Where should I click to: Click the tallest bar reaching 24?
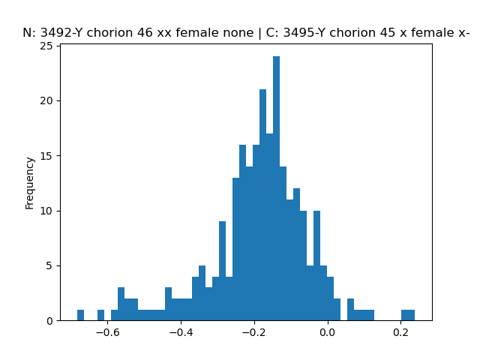[x=276, y=188]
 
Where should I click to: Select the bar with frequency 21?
[x=262, y=205]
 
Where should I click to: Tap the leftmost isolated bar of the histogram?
[x=80, y=315]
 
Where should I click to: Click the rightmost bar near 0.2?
[x=408, y=315]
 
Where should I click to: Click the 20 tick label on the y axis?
[x=46, y=100]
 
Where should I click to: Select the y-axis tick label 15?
[x=46, y=156]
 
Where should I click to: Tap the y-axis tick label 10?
[x=46, y=211]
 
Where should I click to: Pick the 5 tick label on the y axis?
[x=49, y=265]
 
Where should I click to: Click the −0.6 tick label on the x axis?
[x=107, y=332]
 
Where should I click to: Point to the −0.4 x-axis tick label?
[x=181, y=332]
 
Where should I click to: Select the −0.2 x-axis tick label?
[x=254, y=332]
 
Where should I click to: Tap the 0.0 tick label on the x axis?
[x=328, y=332]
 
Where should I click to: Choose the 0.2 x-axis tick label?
[x=401, y=332]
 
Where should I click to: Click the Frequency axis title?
[x=29, y=183]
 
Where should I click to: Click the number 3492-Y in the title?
[x=61, y=33]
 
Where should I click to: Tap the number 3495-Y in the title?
[x=304, y=33]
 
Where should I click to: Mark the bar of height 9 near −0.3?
[x=222, y=271]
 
